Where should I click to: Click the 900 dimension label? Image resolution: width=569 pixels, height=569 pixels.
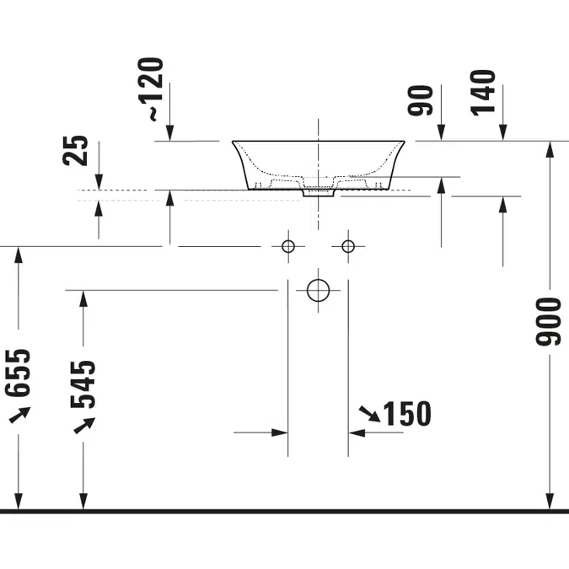pos(548,321)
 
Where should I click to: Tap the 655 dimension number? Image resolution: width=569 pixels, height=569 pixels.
pos(18,373)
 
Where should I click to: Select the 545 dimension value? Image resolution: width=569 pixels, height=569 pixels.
pos(83,384)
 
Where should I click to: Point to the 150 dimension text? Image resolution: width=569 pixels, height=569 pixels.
pos(407,414)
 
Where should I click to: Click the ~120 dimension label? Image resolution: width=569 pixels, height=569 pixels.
pos(150,89)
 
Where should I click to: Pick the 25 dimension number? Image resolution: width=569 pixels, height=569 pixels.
pos(75,150)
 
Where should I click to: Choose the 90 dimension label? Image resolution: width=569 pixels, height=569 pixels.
pos(421,100)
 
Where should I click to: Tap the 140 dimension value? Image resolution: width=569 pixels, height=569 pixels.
pos(483,93)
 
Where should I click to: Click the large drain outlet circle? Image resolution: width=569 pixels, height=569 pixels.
pos(319,290)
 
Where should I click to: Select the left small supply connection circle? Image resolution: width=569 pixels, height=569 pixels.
pos(288,246)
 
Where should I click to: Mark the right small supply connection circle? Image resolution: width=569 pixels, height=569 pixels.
pos(348,246)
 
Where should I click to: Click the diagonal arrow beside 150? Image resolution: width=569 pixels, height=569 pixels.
pos(369,414)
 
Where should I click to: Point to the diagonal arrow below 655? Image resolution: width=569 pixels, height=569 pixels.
pos(19,415)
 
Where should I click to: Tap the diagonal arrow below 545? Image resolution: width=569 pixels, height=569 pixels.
pos(84,426)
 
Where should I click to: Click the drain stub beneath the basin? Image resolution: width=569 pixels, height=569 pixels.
pos(319,193)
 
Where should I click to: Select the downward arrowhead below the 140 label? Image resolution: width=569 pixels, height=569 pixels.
pos(502,132)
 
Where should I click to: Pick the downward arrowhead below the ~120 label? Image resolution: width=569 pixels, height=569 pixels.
pos(169,133)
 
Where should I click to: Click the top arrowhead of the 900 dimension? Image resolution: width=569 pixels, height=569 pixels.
pos(550,149)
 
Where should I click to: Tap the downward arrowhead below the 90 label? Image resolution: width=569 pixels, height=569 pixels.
pos(441,132)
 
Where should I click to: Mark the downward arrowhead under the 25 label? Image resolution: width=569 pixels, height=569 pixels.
pos(99,182)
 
